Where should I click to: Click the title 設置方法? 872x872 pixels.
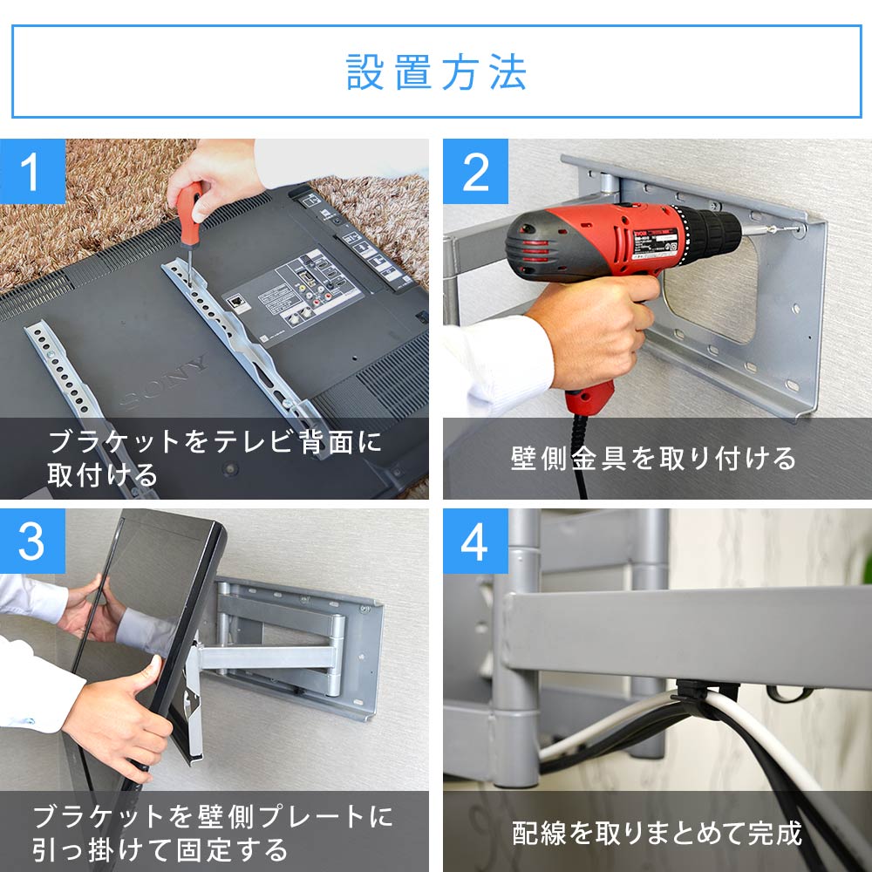coord(436,72)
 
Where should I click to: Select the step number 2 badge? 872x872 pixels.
coord(475,171)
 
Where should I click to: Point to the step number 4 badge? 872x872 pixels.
coord(475,542)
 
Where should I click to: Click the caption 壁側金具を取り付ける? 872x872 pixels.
coord(653,458)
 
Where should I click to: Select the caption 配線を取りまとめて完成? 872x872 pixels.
coord(656,833)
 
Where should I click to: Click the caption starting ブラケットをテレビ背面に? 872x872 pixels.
coord(214,457)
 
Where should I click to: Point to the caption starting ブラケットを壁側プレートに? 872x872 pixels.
coord(214,832)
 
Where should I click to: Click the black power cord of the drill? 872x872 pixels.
coord(582,462)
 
